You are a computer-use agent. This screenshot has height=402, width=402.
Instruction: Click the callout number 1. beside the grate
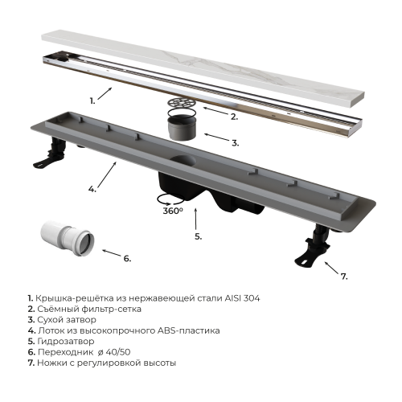coord(92,101)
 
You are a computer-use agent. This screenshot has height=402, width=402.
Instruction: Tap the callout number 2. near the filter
coord(234,117)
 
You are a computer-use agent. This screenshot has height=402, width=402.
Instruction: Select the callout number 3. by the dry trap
coord(235,143)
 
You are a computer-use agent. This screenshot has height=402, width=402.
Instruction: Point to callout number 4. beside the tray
coord(92,189)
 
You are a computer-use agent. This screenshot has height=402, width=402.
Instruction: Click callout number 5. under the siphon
coord(199,236)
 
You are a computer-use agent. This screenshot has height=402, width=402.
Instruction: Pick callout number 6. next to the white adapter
coord(127,259)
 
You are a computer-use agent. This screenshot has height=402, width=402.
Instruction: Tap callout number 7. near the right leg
coord(344,277)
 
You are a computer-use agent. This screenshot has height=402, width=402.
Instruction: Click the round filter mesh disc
coord(182,103)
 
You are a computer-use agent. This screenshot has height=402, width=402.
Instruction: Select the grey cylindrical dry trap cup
coord(182,127)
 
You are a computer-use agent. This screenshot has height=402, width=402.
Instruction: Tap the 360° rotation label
coord(173,211)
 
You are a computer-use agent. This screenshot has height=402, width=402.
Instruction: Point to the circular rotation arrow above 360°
coord(170,199)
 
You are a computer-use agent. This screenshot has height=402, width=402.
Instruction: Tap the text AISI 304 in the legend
coord(242,298)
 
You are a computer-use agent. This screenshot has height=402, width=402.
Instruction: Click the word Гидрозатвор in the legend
coord(66,341)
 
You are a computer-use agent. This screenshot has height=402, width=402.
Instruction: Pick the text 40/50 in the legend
coord(118,352)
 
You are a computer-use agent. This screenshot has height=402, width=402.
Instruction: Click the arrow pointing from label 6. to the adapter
coord(112,253)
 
